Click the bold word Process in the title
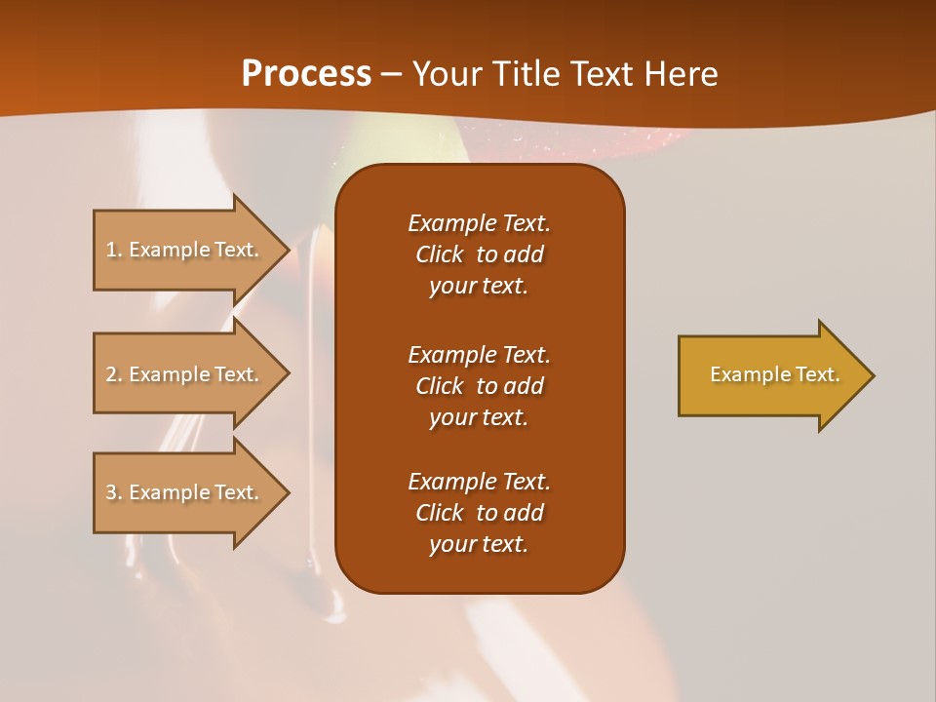pos(306,74)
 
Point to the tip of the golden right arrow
pos(872,375)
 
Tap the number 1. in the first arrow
pos(114,250)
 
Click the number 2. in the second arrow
pos(114,374)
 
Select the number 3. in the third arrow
pos(114,492)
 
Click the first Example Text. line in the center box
pos(479,223)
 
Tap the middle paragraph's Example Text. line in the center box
pos(479,355)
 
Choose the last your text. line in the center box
pos(479,544)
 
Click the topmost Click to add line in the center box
pos(479,254)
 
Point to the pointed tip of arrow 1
pos(288,250)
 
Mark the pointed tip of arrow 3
pos(288,492)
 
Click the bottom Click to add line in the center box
pos(479,513)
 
